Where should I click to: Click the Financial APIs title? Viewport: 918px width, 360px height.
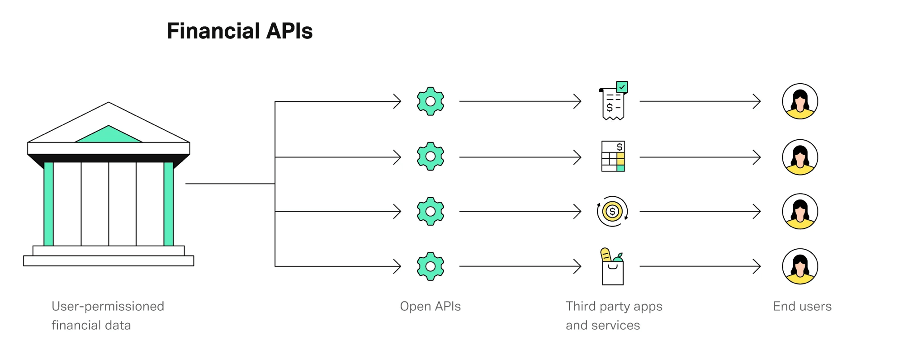point(240,31)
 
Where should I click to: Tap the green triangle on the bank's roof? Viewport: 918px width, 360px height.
point(109,135)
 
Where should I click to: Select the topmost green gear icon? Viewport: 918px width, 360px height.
point(430,101)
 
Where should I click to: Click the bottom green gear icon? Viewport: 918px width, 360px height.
point(430,266)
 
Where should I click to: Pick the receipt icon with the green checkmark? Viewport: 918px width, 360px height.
point(613,102)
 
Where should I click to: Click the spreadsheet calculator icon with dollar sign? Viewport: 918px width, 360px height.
point(613,156)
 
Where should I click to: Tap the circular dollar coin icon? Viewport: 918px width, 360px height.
point(612,211)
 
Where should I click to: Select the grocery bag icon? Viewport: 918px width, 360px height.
point(612,267)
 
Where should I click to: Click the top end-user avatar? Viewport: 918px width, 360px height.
point(800,101)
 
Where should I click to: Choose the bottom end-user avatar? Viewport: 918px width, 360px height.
point(800,266)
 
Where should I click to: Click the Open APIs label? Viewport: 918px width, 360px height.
point(430,307)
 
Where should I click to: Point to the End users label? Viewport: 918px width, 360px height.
point(802,307)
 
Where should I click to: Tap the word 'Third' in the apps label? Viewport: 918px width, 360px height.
point(581,307)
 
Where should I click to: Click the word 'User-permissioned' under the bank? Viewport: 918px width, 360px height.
point(108,307)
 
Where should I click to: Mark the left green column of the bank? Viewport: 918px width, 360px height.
point(49,204)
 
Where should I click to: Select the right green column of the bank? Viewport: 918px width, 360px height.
point(169,204)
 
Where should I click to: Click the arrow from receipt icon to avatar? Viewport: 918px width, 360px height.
point(700,101)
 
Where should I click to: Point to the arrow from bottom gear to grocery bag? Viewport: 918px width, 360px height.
point(520,266)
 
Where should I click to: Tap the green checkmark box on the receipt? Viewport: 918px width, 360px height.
point(622,87)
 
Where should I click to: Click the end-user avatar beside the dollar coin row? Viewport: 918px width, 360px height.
point(800,211)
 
